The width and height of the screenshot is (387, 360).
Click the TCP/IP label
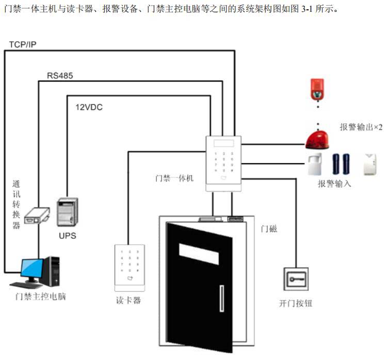point(23,44)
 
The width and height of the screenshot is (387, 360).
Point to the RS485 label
point(60,76)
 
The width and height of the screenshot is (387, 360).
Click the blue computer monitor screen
point(32,269)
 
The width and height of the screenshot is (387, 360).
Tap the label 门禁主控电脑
point(41,297)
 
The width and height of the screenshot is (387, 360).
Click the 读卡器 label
point(129,300)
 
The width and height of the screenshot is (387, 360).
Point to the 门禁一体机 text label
point(174,178)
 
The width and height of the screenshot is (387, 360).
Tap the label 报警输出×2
point(361,127)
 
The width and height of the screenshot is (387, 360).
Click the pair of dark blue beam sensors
point(342,164)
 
